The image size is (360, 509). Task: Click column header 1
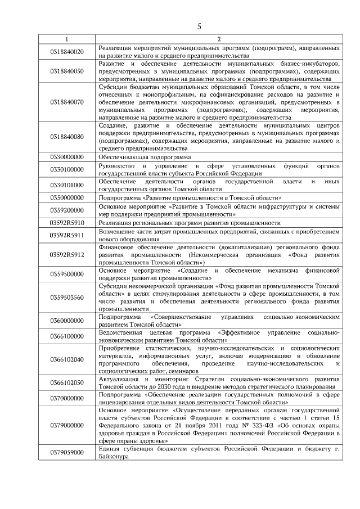coord(66,39)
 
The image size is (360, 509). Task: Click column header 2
coord(219,39)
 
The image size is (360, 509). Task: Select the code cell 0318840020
coord(66,52)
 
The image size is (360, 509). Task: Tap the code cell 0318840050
coord(66,72)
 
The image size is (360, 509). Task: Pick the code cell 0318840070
coord(66,102)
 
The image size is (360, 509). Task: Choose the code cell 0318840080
coord(66,137)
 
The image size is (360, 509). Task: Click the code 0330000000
coord(66,158)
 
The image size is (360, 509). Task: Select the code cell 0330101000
coord(66,185)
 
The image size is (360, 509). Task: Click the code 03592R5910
coord(66,223)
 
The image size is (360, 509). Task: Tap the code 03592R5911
coord(66,235)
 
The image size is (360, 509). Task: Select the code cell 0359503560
coord(66,298)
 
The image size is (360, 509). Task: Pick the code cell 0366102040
coord(66,359)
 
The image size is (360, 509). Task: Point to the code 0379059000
coord(66,453)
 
